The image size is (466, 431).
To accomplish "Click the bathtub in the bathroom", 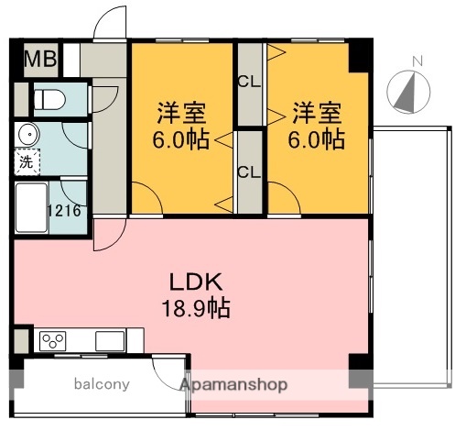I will click(x=33, y=208).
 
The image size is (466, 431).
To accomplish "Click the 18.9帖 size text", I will click(x=193, y=308).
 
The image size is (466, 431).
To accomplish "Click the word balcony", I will click(x=102, y=384).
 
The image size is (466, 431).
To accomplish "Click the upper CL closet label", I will click(x=248, y=82).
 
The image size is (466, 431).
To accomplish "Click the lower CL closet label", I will click(x=248, y=171).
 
